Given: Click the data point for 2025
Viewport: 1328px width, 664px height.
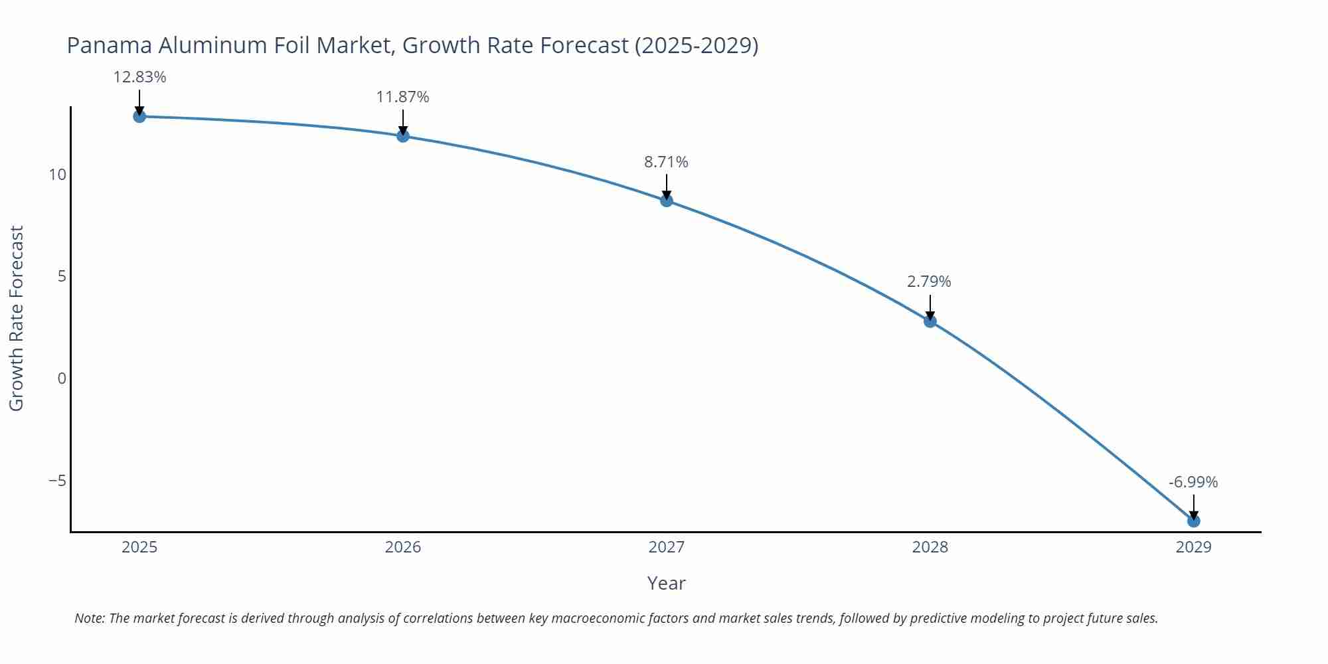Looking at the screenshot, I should [x=139, y=116].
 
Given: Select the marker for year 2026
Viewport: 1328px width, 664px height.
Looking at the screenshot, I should [x=403, y=136].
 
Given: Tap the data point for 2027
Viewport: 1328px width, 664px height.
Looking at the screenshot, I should [x=667, y=201].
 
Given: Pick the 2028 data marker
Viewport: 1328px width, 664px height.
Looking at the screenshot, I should [x=930, y=321].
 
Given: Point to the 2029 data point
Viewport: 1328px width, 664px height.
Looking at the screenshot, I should [x=1193, y=521].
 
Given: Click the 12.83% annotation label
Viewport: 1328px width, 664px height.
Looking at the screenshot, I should [x=139, y=77].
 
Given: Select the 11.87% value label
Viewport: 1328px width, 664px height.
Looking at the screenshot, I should [x=402, y=97].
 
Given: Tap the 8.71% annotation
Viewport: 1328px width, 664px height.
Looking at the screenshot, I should [x=666, y=162].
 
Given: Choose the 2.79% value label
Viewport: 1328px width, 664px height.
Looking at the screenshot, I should [x=929, y=282].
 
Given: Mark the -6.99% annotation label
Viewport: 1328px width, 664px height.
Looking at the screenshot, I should [x=1193, y=482].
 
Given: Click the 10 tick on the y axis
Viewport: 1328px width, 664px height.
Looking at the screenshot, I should [x=57, y=175].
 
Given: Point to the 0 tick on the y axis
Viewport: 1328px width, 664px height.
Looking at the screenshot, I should [x=62, y=378].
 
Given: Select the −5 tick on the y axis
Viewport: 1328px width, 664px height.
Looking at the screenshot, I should [x=57, y=480].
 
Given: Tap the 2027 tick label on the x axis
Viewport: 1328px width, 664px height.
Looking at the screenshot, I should [x=666, y=547].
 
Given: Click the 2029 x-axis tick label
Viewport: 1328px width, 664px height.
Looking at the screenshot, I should [x=1193, y=547].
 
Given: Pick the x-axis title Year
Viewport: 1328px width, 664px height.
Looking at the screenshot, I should [x=666, y=583].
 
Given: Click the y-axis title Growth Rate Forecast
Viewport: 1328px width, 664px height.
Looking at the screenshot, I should [x=17, y=318].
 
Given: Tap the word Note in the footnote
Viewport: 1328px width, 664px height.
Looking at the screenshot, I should [x=89, y=618].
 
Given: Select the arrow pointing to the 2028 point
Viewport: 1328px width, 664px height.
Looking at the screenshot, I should [x=930, y=307].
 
